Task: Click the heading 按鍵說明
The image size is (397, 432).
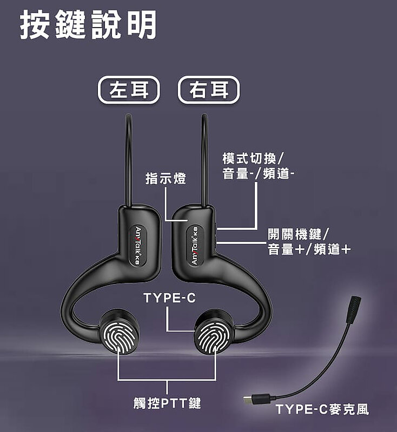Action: click(89, 25)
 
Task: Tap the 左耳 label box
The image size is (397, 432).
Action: click(129, 90)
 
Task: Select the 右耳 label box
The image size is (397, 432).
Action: click(209, 90)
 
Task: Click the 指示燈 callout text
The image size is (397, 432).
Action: click(166, 178)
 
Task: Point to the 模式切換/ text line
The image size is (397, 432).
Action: click(253, 159)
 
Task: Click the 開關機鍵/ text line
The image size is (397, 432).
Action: click(298, 234)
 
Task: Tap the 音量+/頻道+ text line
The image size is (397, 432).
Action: click(309, 249)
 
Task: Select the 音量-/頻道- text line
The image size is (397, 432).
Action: click(259, 174)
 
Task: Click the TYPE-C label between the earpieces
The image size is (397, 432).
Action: click(169, 298)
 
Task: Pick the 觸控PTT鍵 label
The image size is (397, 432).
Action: click(167, 403)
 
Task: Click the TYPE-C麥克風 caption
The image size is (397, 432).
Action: click(322, 409)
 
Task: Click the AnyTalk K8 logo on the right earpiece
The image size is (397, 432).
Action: click(195, 246)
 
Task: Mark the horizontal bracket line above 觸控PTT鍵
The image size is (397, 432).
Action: click(167, 380)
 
